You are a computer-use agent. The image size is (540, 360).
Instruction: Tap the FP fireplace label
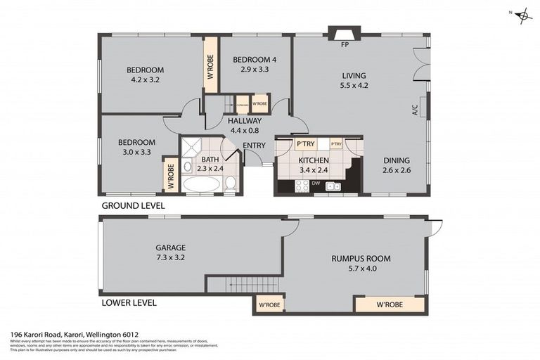(345, 45)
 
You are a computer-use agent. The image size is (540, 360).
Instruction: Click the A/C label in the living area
(415, 110)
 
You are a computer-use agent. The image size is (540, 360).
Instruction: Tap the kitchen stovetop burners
(302, 186)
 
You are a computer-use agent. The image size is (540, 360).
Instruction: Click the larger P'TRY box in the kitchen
(305, 144)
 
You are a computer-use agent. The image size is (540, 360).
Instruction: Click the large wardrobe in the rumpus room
(389, 305)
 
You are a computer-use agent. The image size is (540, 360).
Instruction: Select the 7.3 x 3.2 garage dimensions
(171, 258)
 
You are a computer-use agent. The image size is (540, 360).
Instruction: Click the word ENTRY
(254, 146)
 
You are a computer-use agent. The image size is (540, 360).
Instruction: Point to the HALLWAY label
(245, 121)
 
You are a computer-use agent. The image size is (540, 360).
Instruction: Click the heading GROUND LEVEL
(133, 206)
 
